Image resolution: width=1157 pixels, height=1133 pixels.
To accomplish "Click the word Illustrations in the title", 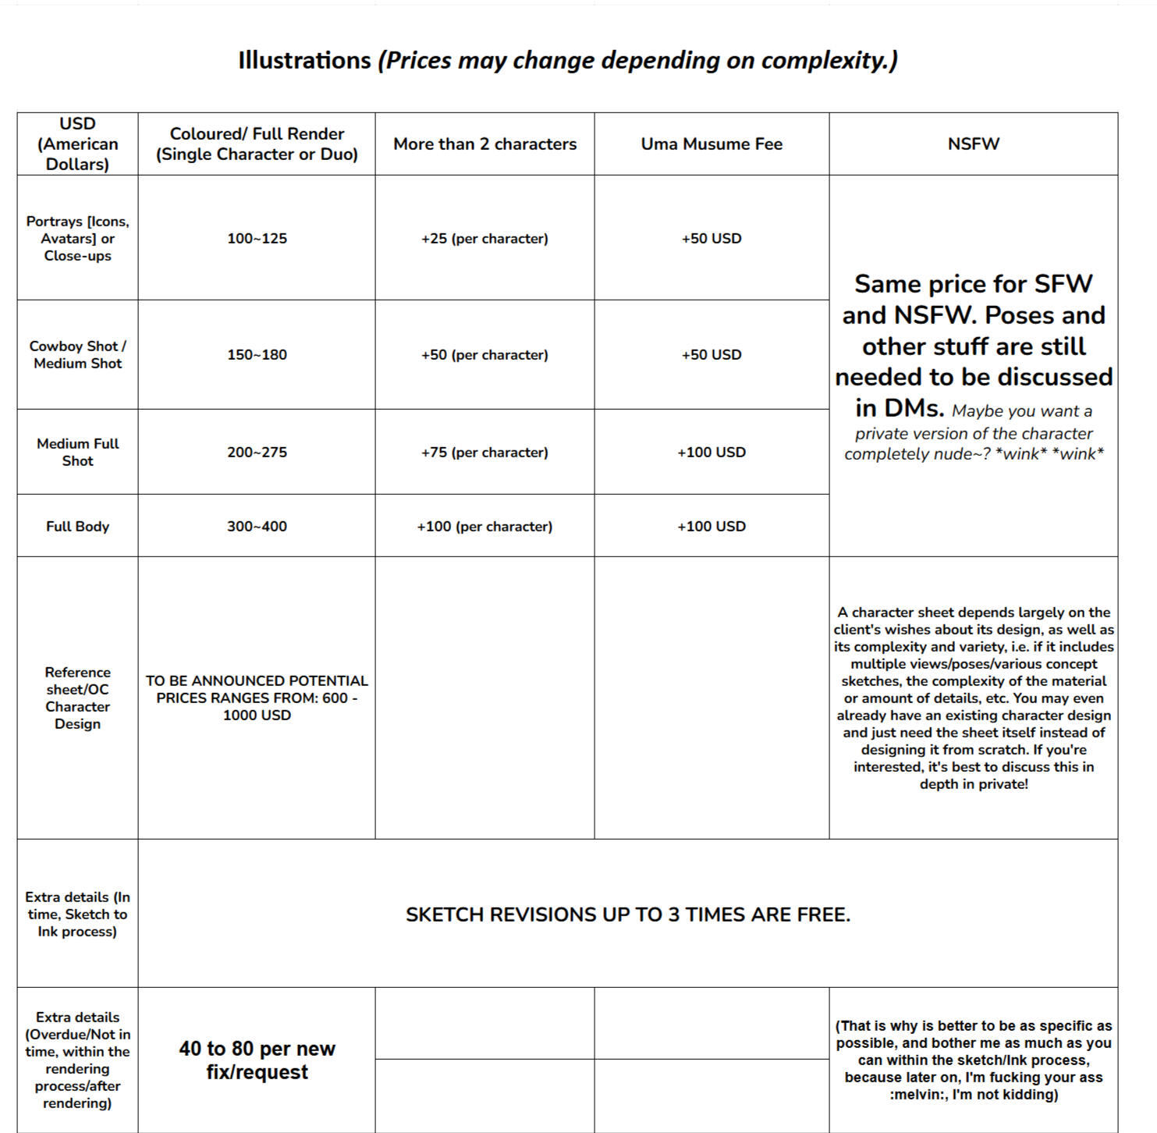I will click(304, 60).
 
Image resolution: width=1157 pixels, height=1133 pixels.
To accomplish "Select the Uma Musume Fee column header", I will click(712, 144).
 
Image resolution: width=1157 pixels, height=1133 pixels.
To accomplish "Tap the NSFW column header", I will click(973, 144).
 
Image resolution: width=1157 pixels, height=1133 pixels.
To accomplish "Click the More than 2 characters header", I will click(484, 144).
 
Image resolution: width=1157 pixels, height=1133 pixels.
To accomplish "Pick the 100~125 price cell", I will click(257, 238).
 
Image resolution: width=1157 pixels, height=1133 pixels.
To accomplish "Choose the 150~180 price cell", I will click(257, 354).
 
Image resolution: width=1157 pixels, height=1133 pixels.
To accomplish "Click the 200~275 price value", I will click(257, 452).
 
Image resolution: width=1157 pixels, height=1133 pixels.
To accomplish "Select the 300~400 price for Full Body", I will click(257, 526).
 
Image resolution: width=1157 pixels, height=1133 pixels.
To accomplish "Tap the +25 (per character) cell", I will click(484, 238).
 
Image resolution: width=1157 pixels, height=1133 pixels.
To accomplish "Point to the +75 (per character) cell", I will click(484, 452).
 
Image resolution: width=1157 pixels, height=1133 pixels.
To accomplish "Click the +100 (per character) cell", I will click(484, 526).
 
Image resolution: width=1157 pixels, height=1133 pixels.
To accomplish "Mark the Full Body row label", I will click(77, 526).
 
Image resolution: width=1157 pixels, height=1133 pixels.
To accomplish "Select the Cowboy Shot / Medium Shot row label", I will click(77, 354).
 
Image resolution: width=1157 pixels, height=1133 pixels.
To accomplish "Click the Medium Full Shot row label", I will click(77, 452).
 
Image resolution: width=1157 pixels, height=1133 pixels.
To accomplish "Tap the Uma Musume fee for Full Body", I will click(712, 526).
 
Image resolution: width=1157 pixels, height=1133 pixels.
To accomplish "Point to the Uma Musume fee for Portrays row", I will click(712, 238).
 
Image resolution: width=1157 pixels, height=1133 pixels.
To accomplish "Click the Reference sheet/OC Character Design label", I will click(77, 698).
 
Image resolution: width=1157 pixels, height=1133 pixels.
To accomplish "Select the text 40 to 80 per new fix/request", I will click(257, 1060).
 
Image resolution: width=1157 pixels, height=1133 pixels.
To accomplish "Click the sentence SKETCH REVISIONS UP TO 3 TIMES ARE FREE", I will click(628, 915).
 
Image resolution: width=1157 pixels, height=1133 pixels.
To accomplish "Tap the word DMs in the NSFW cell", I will click(900, 407).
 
